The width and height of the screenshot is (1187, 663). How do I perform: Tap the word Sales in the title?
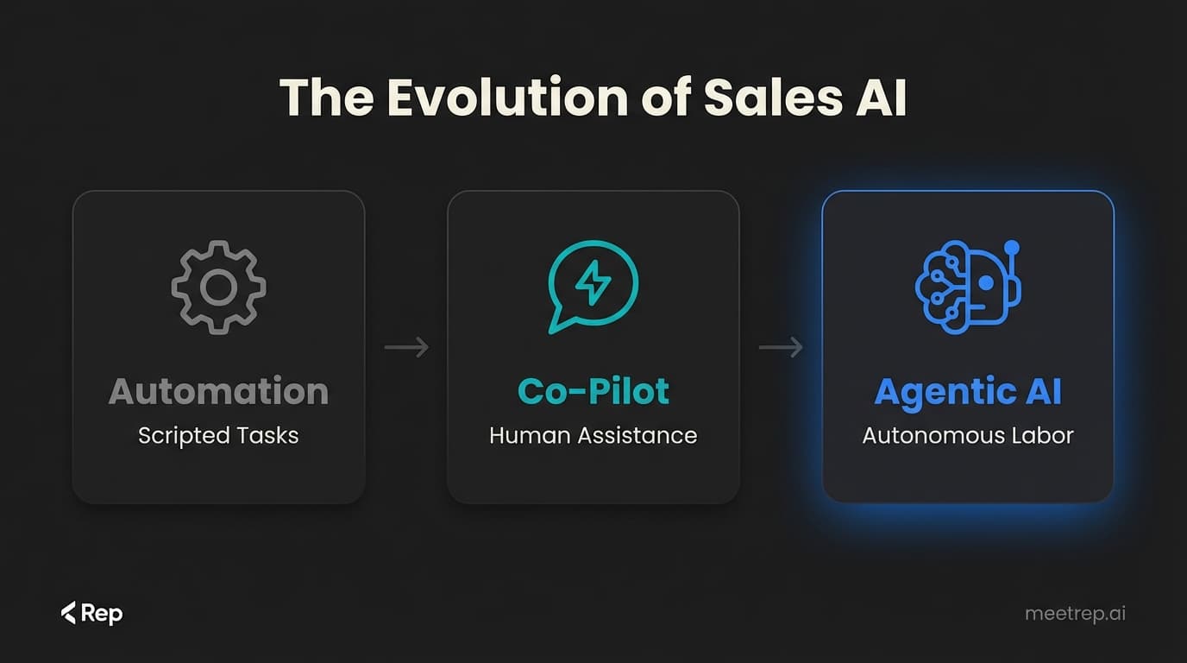tap(772, 98)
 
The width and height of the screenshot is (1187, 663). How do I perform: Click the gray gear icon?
tap(218, 287)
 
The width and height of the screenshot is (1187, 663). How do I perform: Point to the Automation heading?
tap(218, 391)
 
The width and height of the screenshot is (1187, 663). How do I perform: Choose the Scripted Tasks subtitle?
tap(218, 435)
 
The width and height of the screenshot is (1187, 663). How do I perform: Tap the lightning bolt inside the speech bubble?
tap(593, 282)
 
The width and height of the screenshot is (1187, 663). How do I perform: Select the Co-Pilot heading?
tap(593, 391)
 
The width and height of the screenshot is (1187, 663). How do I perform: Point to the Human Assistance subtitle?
tap(593, 435)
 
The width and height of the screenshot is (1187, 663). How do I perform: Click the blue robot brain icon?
tap(967, 284)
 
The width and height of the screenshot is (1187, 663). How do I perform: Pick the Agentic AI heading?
tap(967, 392)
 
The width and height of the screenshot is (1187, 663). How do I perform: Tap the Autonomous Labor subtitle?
tap(967, 435)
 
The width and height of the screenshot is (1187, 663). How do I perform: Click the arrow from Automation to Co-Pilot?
tap(406, 347)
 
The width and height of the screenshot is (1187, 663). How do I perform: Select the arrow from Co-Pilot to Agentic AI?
tap(781, 347)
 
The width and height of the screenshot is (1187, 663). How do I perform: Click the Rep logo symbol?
tap(69, 613)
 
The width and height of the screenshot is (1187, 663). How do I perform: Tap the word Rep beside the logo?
tap(102, 614)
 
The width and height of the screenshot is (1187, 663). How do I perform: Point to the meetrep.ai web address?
tap(1075, 614)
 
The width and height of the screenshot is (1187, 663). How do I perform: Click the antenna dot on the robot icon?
tap(1012, 248)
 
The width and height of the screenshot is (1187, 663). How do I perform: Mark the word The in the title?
tap(326, 98)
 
